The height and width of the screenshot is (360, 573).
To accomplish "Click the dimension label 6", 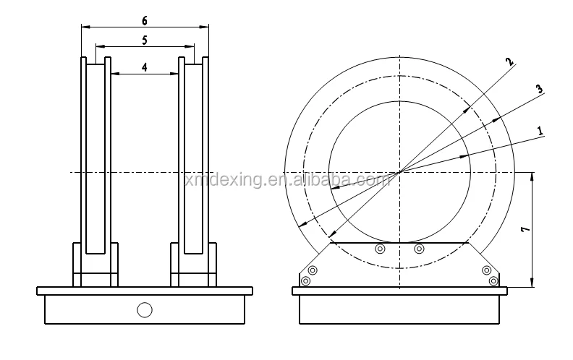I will pyautogui.click(x=145, y=21).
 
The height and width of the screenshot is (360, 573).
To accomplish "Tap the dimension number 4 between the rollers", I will pyautogui.click(x=145, y=67).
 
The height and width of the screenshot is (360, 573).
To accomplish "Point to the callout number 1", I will pyautogui.click(x=540, y=130).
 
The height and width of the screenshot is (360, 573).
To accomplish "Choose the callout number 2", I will pyautogui.click(x=510, y=63).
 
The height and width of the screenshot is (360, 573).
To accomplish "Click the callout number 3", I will pyautogui.click(x=539, y=89).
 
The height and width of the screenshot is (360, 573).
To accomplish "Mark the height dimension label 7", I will pyautogui.click(x=525, y=230).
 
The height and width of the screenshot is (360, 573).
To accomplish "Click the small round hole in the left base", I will pyautogui.click(x=145, y=310).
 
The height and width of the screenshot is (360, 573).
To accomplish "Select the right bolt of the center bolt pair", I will pyautogui.click(x=418, y=249).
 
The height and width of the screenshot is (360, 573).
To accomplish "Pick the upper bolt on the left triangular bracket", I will pyautogui.click(x=313, y=270).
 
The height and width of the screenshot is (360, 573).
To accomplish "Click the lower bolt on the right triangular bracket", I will pyautogui.click(x=493, y=280).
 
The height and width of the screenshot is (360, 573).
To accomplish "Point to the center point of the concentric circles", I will pyautogui.click(x=399, y=171).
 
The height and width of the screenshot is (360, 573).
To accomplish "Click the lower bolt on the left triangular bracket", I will pyautogui.click(x=305, y=280).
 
